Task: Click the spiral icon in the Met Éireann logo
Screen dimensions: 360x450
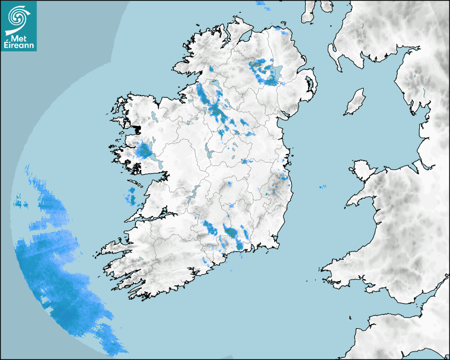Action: [18, 18]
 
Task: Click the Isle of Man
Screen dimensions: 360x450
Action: [355, 102]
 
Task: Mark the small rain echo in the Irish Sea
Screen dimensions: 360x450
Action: [322, 187]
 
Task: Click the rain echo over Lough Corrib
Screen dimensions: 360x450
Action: [143, 151]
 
